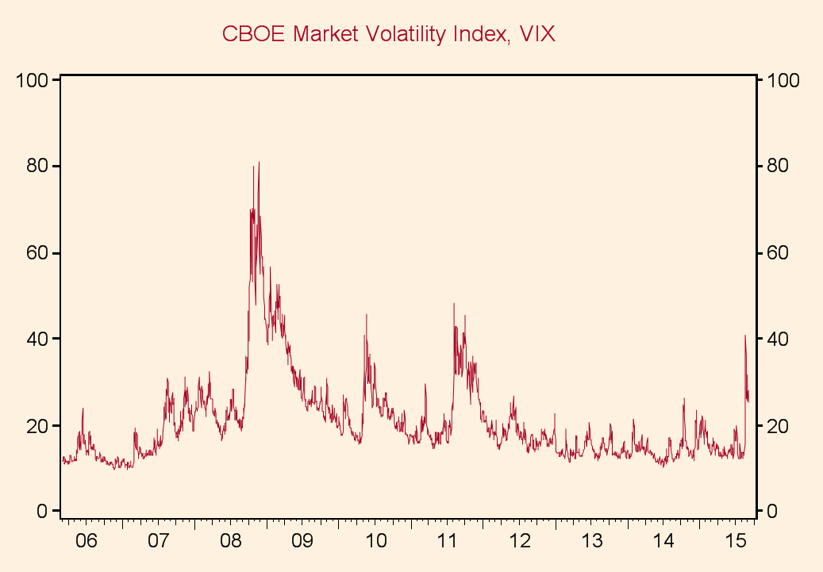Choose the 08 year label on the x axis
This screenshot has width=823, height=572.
point(230,542)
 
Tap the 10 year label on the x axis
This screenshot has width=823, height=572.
point(375,542)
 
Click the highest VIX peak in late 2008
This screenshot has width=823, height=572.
point(259,163)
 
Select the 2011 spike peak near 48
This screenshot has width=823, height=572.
point(454,304)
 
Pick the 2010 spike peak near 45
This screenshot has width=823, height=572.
point(366,315)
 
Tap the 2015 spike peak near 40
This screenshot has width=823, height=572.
point(745,336)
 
